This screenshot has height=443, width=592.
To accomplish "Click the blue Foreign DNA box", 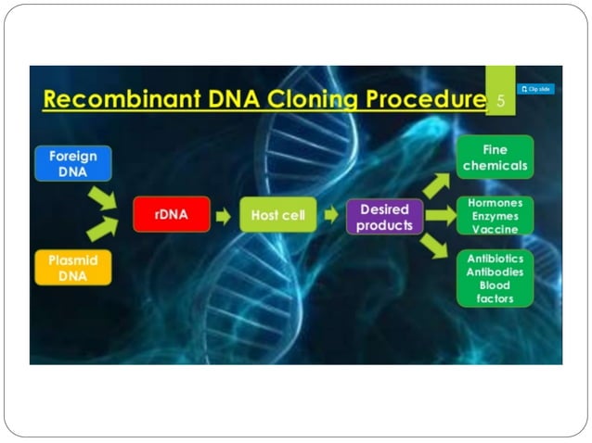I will [72, 163].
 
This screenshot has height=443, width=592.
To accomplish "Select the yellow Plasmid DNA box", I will [72, 268].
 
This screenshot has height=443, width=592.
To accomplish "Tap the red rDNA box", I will [171, 215].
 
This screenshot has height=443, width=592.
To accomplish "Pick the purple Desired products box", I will [384, 216].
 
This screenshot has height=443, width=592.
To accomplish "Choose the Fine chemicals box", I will [495, 158].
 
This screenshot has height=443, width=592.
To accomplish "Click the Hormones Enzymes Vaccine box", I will [495, 216].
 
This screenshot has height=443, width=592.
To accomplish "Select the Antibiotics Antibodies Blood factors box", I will [495, 278].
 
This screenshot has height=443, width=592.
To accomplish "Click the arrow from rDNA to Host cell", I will [224, 216].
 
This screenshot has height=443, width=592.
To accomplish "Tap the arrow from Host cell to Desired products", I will [331, 216].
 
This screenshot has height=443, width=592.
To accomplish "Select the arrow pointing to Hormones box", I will [440, 216].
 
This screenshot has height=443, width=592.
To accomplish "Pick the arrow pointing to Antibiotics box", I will [434, 246].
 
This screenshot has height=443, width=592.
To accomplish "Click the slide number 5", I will [501, 101].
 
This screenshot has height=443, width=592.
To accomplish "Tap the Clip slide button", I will [535, 89].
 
